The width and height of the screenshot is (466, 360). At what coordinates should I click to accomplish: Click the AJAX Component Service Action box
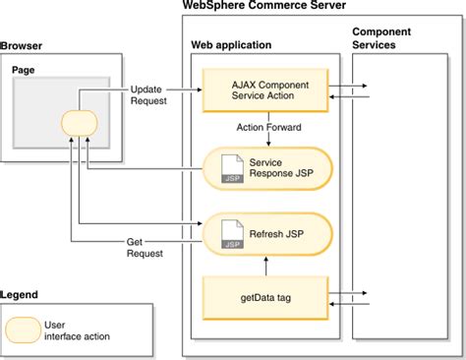265,92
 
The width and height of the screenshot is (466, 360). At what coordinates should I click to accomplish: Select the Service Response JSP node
266,167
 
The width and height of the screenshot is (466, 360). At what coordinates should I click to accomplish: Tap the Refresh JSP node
266,236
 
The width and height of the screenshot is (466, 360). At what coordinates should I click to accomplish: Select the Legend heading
22,294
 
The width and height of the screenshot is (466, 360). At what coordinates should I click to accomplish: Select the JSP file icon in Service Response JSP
229,169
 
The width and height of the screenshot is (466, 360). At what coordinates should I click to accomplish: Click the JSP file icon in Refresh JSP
229,237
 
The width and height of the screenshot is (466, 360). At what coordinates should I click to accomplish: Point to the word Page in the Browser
24,71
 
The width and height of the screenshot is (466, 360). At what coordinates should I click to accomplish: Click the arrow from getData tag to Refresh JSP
267,267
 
